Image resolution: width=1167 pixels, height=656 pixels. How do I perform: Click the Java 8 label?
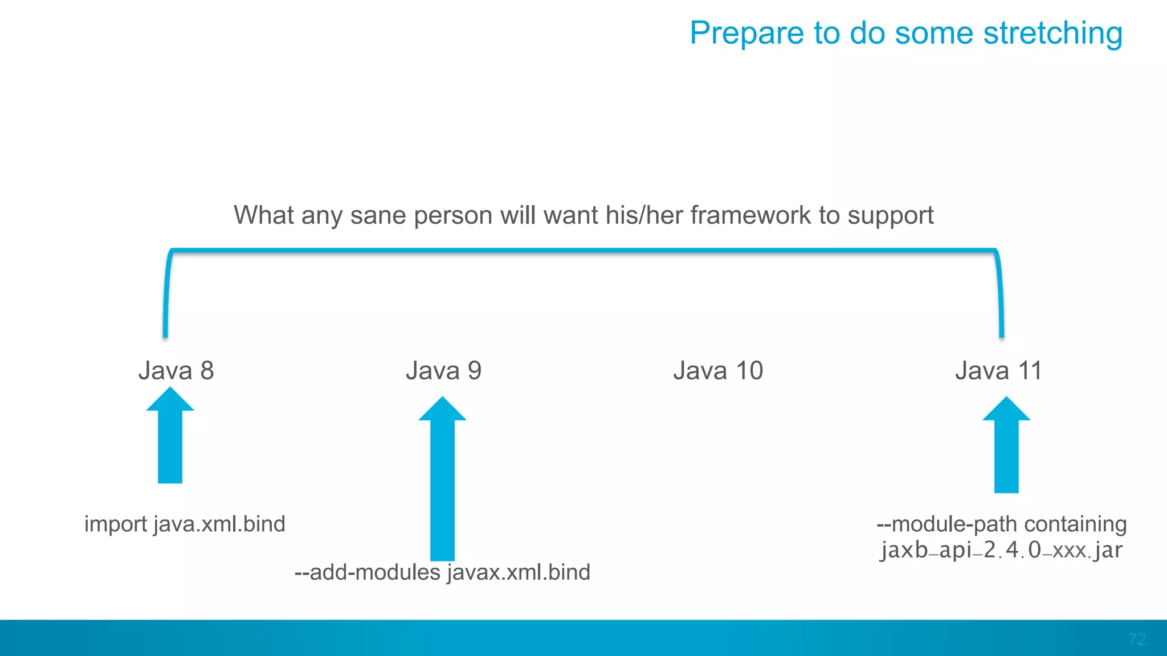point(176,371)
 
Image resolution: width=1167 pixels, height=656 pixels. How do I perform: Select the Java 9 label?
point(443,371)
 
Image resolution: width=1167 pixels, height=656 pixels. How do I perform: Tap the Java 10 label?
point(718,371)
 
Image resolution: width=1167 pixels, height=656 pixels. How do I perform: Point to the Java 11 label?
point(998,371)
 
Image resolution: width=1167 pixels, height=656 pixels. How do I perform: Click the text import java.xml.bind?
point(185,524)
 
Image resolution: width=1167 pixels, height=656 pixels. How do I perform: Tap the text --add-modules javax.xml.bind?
point(442,572)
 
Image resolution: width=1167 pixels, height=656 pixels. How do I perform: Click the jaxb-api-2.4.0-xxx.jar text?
point(1001,550)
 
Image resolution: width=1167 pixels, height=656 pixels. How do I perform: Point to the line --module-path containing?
point(1001,524)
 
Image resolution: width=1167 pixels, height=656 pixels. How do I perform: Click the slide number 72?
point(1137,639)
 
